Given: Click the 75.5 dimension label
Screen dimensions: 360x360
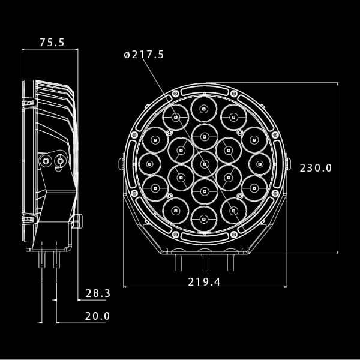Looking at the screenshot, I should pyautogui.click(x=52, y=43).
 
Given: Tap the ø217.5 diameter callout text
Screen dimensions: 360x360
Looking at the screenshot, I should pyautogui.click(x=144, y=55).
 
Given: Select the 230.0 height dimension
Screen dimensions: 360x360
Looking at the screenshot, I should pyautogui.click(x=316, y=168).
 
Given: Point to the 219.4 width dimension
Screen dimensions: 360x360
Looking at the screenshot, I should pyautogui.click(x=205, y=281).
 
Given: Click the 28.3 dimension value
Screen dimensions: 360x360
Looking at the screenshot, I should pyautogui.click(x=98, y=293).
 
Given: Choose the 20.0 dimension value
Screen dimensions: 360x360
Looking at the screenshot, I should pyautogui.click(x=98, y=316).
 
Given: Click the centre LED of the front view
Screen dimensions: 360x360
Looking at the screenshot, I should pyautogui.click(x=205, y=163).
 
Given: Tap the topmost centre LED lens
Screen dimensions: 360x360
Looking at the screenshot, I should pyautogui.click(x=204, y=109).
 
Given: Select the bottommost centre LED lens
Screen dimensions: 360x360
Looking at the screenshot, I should pyautogui.click(x=204, y=218).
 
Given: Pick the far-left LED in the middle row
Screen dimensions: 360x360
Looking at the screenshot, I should pyautogui.click(x=149, y=164).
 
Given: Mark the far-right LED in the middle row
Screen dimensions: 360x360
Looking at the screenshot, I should pyautogui.click(x=260, y=164).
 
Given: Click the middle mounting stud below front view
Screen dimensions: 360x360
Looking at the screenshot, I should pyautogui.click(x=205, y=263).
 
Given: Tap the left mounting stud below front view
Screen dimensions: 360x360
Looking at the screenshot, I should pyautogui.click(x=179, y=263).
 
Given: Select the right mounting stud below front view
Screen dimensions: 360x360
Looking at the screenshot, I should pyautogui.click(x=230, y=263).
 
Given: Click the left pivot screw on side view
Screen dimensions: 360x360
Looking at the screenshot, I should pyautogui.click(x=46, y=161).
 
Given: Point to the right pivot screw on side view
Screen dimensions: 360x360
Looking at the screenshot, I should pyautogui.click(x=60, y=161).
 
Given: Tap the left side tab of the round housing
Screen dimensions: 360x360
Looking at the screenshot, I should pyautogui.click(x=122, y=164).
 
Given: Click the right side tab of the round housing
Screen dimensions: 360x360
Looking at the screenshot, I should pyautogui.click(x=288, y=164).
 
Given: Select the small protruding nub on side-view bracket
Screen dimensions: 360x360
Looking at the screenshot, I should pyautogui.click(x=77, y=221).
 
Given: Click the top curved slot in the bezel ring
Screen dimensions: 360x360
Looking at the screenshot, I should pyautogui.click(x=205, y=91).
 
